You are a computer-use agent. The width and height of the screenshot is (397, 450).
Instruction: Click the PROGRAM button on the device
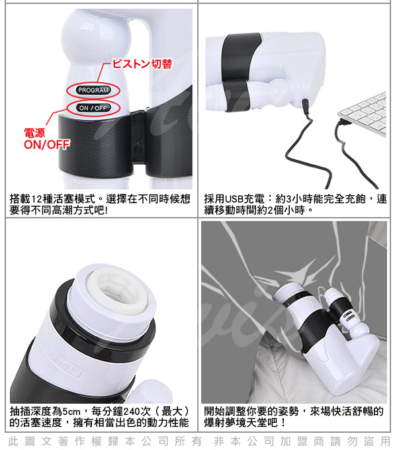[93, 90]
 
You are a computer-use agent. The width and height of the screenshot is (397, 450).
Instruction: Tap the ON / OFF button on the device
[93, 108]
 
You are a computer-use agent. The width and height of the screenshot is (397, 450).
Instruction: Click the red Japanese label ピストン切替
[142, 64]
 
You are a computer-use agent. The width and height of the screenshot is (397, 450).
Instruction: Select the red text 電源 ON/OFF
[47, 139]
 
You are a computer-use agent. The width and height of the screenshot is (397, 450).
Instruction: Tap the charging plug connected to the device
[304, 106]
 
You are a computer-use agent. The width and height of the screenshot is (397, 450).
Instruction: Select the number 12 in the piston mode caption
[36, 199]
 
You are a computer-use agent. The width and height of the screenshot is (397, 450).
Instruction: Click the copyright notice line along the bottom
[199, 441]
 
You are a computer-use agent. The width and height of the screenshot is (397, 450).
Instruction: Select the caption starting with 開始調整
[294, 417]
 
